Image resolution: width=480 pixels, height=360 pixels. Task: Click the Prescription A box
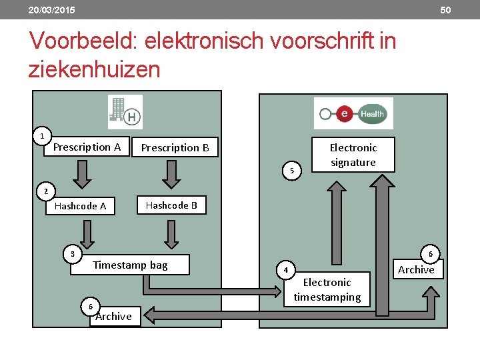pyautogui.click(x=87, y=147)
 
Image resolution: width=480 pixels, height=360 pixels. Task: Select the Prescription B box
pyautogui.click(x=175, y=147)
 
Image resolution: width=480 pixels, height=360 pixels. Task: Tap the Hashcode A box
pyautogui.click(x=80, y=206)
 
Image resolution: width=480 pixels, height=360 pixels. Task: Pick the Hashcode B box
pyautogui.click(x=171, y=205)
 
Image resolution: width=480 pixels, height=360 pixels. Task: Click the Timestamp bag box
pyautogui.click(x=131, y=265)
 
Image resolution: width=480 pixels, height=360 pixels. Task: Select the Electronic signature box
pyautogui.click(x=353, y=155)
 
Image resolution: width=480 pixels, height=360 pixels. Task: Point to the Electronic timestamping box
pyautogui.click(x=327, y=289)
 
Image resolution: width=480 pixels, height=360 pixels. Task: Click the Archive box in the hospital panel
pyautogui.click(x=114, y=316)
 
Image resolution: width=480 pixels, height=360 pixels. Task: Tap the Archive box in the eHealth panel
pyautogui.click(x=416, y=269)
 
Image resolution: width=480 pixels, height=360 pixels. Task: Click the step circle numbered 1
pyautogui.click(x=42, y=136)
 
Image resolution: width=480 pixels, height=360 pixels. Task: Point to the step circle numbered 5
pyautogui.click(x=292, y=171)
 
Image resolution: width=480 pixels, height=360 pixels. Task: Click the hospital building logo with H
pyautogui.click(x=125, y=112)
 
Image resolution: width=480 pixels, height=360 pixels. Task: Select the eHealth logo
pyautogui.click(x=353, y=113)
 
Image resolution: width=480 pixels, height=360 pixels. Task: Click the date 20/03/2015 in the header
pyautogui.click(x=51, y=10)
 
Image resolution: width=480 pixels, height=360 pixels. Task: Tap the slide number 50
pyautogui.click(x=446, y=10)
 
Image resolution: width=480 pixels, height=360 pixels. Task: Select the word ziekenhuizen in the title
pyautogui.click(x=94, y=69)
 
